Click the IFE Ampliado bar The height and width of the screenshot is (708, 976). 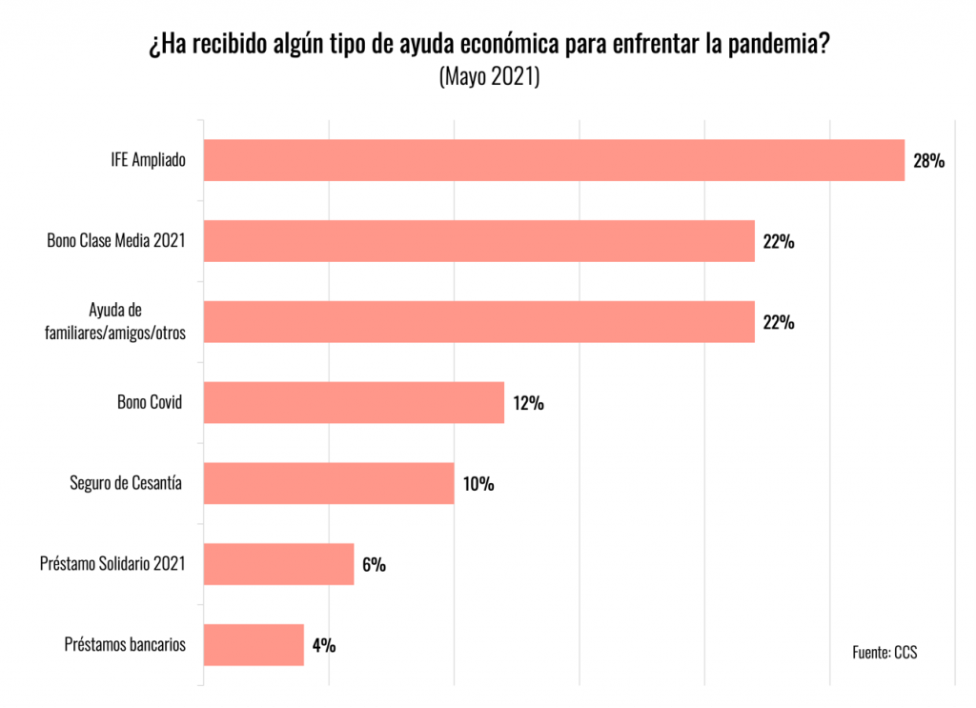click(554, 160)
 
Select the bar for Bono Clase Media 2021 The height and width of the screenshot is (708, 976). click(479, 241)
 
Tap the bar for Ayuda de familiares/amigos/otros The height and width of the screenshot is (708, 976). click(479, 322)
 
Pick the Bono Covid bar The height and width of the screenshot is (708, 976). click(354, 402)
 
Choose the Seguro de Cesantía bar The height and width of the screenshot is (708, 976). click(329, 483)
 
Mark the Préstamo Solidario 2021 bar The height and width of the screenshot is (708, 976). click(279, 564)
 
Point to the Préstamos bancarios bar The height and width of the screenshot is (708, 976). click(254, 645)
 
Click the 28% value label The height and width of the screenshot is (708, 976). click(928, 161)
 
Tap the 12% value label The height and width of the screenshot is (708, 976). click(528, 403)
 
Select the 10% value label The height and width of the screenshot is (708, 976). click(478, 484)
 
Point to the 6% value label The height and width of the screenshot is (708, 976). click(374, 565)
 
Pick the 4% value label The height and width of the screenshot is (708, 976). click(323, 646)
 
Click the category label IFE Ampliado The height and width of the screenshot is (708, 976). click(148, 161)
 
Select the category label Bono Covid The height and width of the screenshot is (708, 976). click(149, 402)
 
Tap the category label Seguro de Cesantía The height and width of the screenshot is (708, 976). click(127, 483)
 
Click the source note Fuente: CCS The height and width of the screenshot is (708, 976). click(884, 652)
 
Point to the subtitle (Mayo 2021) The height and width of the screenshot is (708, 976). click(489, 77)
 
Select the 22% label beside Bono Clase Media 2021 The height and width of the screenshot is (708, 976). click(779, 242)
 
